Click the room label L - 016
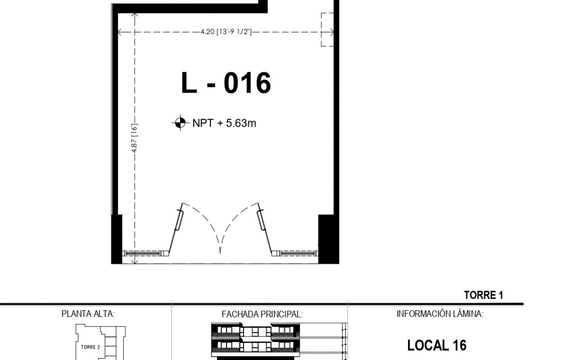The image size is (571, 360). tap(226, 82)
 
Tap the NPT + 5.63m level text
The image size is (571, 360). tap(224, 123)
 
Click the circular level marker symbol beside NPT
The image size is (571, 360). tap(180, 122)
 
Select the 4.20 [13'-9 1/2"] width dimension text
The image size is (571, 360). tap(226, 32)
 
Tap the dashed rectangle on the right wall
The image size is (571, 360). tap(327, 29)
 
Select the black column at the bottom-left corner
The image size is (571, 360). tap(117, 239)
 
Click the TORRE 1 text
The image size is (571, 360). tap(483, 295)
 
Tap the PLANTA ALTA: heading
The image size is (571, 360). tap(88, 314)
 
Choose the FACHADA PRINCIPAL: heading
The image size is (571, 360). tap(262, 314)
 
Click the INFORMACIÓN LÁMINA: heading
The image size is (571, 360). tap(440, 314)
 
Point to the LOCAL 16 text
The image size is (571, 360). tap(437, 345)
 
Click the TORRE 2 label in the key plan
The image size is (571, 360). tap(90, 347)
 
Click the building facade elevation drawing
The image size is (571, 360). tap(279, 340)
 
